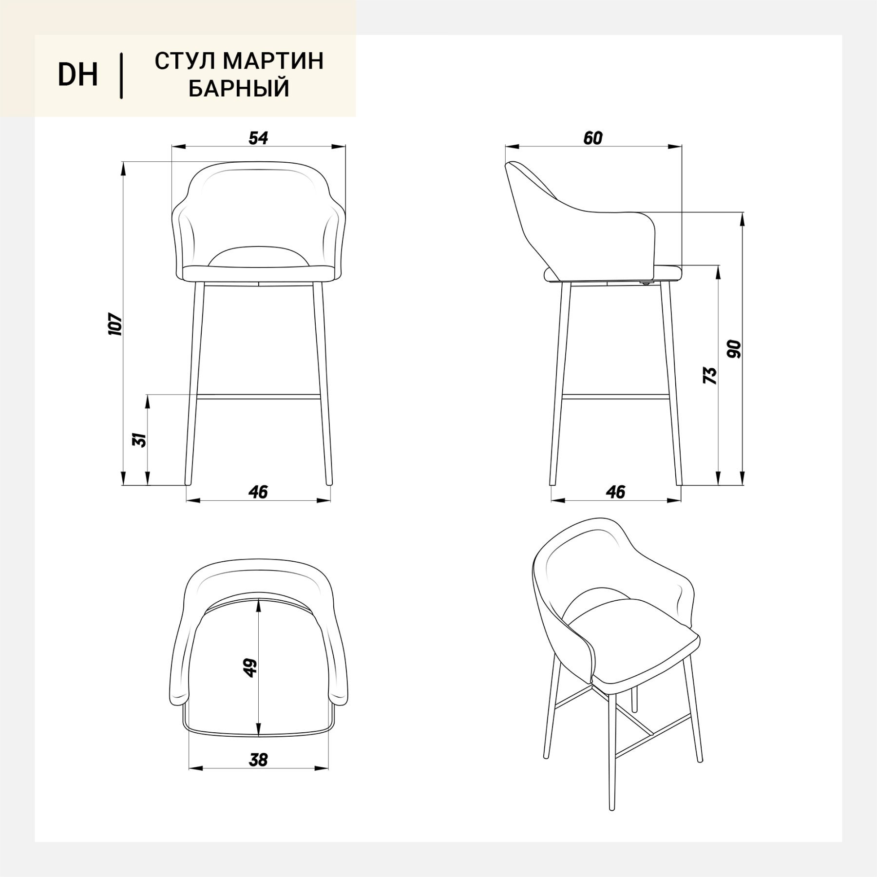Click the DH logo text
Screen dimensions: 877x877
[x=78, y=76]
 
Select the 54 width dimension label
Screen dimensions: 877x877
[x=258, y=138]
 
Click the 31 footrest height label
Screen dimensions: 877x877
[x=140, y=440]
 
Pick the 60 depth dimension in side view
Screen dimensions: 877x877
[x=592, y=138]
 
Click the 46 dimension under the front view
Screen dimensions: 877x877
[x=258, y=492]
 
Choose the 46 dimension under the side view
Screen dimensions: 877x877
[x=616, y=492]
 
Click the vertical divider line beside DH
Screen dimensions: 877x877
[x=121, y=76]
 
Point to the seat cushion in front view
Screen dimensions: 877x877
[x=258, y=274]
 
